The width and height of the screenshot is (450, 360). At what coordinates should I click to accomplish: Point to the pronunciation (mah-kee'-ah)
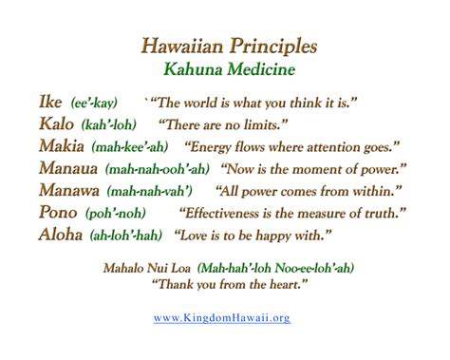point(129,147)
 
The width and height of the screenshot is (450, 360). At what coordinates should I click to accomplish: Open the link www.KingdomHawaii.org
point(222,317)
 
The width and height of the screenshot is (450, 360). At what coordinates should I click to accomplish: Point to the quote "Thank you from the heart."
point(222,283)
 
